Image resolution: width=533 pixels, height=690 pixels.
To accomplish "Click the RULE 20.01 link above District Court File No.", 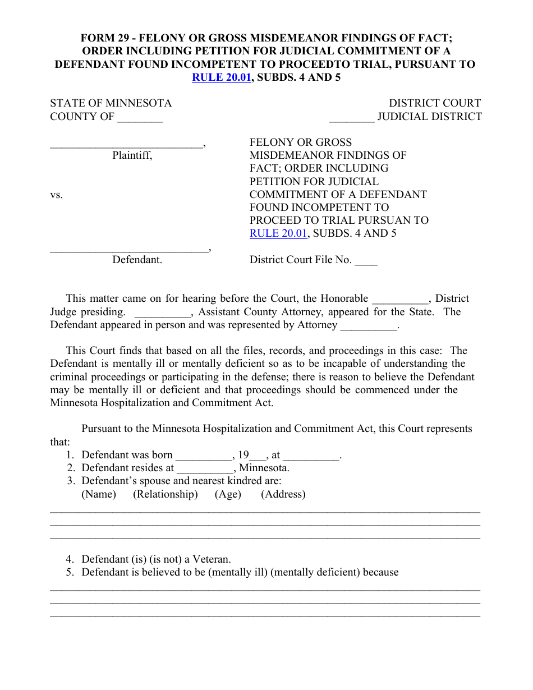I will point(278,233).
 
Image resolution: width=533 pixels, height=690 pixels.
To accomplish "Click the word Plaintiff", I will point(132,155).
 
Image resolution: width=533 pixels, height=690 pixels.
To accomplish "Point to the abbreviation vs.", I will point(57,195).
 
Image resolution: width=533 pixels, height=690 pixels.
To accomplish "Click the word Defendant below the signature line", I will point(137,260).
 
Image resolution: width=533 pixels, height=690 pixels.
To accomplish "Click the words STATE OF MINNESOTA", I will point(111,103).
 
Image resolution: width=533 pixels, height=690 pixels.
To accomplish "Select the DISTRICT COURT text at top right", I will point(435,103).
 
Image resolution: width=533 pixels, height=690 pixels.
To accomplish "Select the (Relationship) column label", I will point(165,494).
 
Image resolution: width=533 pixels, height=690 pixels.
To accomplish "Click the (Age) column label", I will point(228,494).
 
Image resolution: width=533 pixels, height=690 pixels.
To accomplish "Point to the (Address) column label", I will point(283,494).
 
